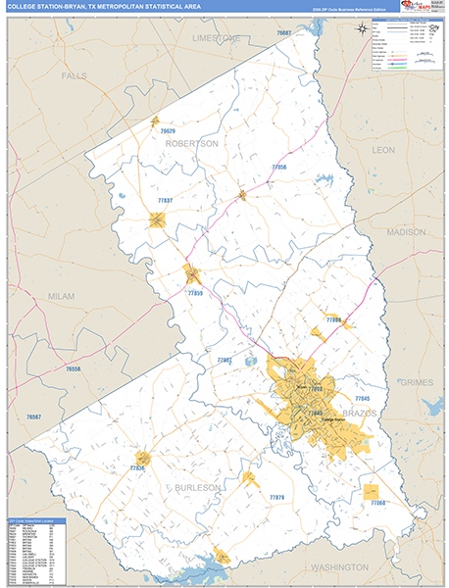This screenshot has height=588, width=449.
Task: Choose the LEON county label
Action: tap(383, 150)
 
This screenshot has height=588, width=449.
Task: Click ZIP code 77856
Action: tap(279, 168)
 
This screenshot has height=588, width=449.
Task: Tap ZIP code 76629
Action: tap(168, 131)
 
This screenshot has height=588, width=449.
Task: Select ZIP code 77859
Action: tap(195, 293)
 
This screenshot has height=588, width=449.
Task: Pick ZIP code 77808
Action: tap(333, 320)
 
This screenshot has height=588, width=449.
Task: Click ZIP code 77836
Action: tap(137, 469)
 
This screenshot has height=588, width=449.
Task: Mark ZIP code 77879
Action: tap(276, 497)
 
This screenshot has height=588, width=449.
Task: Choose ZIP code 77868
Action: tap(378, 503)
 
